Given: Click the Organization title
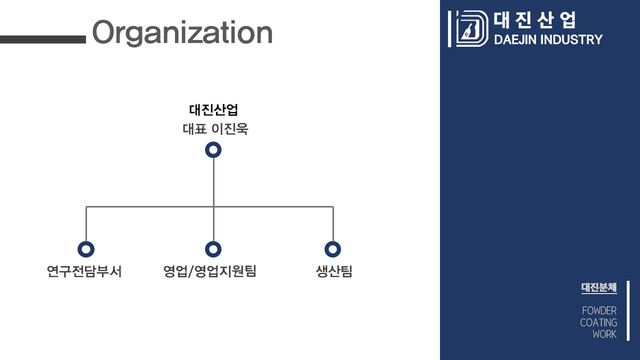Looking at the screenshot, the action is (x=182, y=32).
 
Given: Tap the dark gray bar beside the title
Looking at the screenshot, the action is (x=43, y=39).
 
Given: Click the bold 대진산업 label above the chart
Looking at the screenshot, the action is (x=213, y=109).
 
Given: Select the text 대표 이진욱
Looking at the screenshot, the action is (x=215, y=129).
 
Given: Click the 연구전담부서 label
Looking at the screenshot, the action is (x=84, y=271).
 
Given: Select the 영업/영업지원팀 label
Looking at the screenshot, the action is (x=210, y=271).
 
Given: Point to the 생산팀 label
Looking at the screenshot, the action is (x=334, y=271).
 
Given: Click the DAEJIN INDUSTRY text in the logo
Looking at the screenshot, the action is (x=548, y=39).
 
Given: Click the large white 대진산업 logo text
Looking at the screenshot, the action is (x=534, y=20).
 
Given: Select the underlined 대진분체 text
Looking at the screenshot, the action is (x=599, y=287).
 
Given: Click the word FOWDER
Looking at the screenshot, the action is (x=599, y=310).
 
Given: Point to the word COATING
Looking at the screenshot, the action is (x=598, y=322).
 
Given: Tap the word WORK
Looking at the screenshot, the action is (x=604, y=334).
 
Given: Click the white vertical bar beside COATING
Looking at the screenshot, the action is (x=628, y=311).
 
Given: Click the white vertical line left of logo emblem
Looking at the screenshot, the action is (x=449, y=29).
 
